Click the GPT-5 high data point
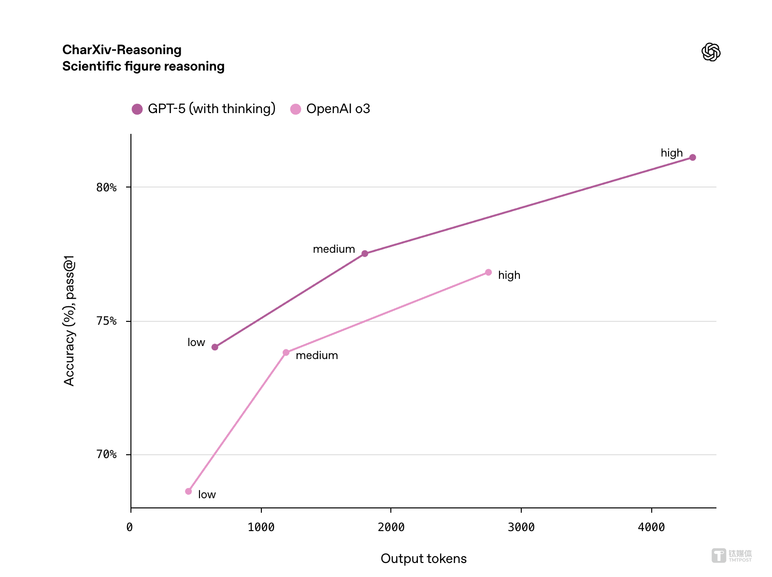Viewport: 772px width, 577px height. [x=692, y=158]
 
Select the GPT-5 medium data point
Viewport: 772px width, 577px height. [x=365, y=254]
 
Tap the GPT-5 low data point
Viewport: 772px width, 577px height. [x=215, y=347]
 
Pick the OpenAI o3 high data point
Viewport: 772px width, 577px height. [x=488, y=273]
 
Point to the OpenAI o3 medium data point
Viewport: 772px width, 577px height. [x=286, y=353]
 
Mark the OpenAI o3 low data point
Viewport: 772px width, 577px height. [x=188, y=491]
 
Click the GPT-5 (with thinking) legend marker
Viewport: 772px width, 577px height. [x=137, y=109]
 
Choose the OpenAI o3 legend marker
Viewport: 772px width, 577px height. [x=296, y=109]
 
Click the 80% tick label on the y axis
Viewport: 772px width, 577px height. [x=106, y=188]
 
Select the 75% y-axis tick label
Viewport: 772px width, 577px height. [x=106, y=321]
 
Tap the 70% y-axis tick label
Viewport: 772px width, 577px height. [x=106, y=455]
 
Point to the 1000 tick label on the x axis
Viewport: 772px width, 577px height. [x=261, y=527]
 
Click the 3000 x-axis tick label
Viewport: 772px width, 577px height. [x=521, y=527]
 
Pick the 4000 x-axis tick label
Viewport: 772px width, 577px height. [x=651, y=527]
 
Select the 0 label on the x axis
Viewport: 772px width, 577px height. [x=129, y=527]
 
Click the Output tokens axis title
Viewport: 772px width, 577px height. [x=424, y=559]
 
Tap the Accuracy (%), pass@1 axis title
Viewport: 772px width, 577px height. [x=70, y=321]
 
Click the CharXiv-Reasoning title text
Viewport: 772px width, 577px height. [x=122, y=50]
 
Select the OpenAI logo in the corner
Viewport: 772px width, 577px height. [x=711, y=52]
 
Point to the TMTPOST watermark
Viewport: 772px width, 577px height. [x=732, y=556]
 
